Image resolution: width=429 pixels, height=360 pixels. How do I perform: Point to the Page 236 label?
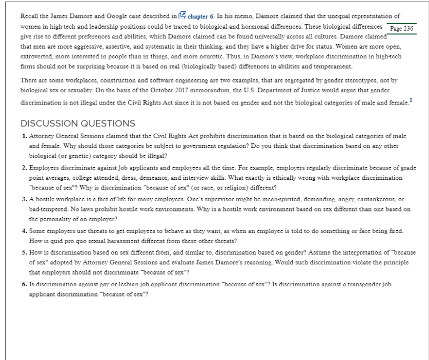401,29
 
